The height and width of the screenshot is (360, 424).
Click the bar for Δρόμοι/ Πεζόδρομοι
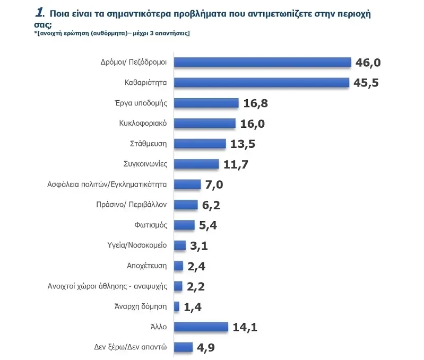tap(263, 63)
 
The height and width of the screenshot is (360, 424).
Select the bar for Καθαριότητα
tap(261, 83)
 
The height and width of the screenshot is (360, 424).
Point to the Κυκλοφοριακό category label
tap(143, 123)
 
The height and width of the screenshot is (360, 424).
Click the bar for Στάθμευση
tap(200, 144)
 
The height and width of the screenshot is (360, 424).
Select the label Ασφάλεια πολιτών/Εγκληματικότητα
tap(108, 185)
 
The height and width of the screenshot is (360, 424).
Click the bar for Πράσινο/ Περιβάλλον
tap(186, 205)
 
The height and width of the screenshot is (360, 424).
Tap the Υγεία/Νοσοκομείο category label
tap(137, 245)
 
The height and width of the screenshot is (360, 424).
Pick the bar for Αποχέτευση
tap(178, 266)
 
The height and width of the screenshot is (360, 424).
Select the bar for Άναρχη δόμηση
tap(176, 306)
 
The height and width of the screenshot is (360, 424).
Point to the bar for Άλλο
tap(201, 327)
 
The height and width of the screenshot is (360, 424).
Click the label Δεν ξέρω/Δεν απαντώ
tap(130, 347)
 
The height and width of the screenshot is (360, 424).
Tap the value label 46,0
tap(368, 63)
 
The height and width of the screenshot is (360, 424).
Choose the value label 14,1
tap(245, 327)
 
